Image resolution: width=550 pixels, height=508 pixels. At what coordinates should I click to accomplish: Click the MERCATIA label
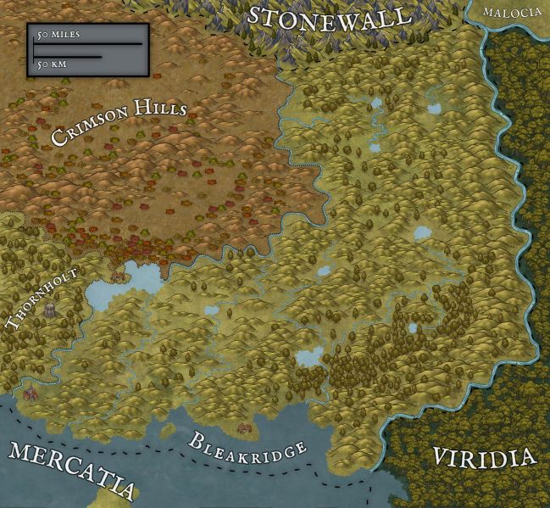tap(72, 471)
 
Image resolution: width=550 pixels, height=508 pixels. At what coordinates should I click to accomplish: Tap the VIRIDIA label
tap(484, 458)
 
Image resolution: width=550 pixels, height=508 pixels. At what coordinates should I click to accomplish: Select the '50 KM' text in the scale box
tap(51, 63)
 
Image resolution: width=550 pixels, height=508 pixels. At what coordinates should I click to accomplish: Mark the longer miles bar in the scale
tap(88, 43)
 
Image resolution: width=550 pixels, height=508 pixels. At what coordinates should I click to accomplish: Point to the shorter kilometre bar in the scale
tap(68, 56)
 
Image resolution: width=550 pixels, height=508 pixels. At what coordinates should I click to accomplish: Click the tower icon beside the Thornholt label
tap(49, 312)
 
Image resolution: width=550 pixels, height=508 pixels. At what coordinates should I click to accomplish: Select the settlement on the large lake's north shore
tap(117, 274)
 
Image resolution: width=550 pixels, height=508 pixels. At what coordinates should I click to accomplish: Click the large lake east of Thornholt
tap(106, 293)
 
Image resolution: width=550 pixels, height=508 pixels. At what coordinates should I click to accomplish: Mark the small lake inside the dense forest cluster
tap(413, 327)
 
